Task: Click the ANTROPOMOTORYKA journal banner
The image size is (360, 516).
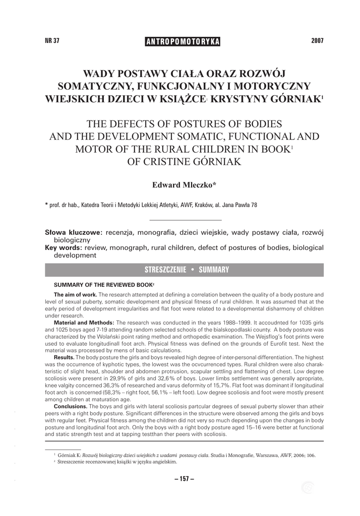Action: pyautogui.click(x=183, y=42)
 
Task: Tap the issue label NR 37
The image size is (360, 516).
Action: pyautogui.click(x=52, y=41)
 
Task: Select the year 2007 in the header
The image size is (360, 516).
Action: pyautogui.click(x=317, y=41)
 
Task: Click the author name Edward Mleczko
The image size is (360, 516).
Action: pyautogui.click(x=184, y=185)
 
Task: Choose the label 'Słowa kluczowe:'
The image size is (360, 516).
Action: pyautogui.click(x=74, y=232)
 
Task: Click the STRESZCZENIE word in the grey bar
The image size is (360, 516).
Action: pyautogui.click(x=165, y=270)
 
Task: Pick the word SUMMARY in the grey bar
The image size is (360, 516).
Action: pyautogui.click(x=214, y=270)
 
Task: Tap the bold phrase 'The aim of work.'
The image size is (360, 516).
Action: pyautogui.click(x=75, y=294)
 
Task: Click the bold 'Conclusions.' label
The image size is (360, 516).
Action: pyautogui.click(x=71, y=406)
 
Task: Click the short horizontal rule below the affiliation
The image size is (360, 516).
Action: pyautogui.click(x=186, y=220)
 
